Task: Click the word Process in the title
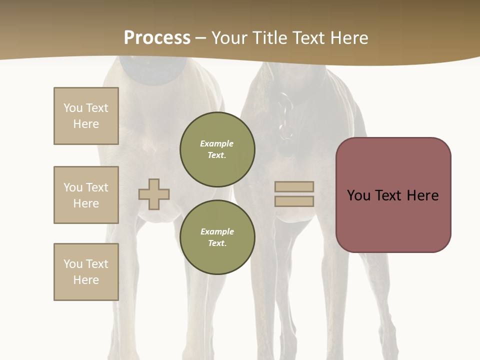[x=157, y=38]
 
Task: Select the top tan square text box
[x=86, y=116]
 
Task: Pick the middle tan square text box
[x=86, y=195]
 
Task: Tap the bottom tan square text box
[x=86, y=272]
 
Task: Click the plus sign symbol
[x=154, y=194]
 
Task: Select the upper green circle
[x=217, y=149]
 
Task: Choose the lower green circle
[x=217, y=237]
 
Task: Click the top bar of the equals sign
[x=294, y=187]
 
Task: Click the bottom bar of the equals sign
[x=294, y=201]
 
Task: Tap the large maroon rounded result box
[x=393, y=195]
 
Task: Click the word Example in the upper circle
[x=216, y=143]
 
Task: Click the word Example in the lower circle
[x=217, y=231]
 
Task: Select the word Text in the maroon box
[x=388, y=195]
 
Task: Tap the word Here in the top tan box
[x=86, y=124]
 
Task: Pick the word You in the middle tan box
[x=72, y=187]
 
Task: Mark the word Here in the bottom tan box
[x=86, y=280]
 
